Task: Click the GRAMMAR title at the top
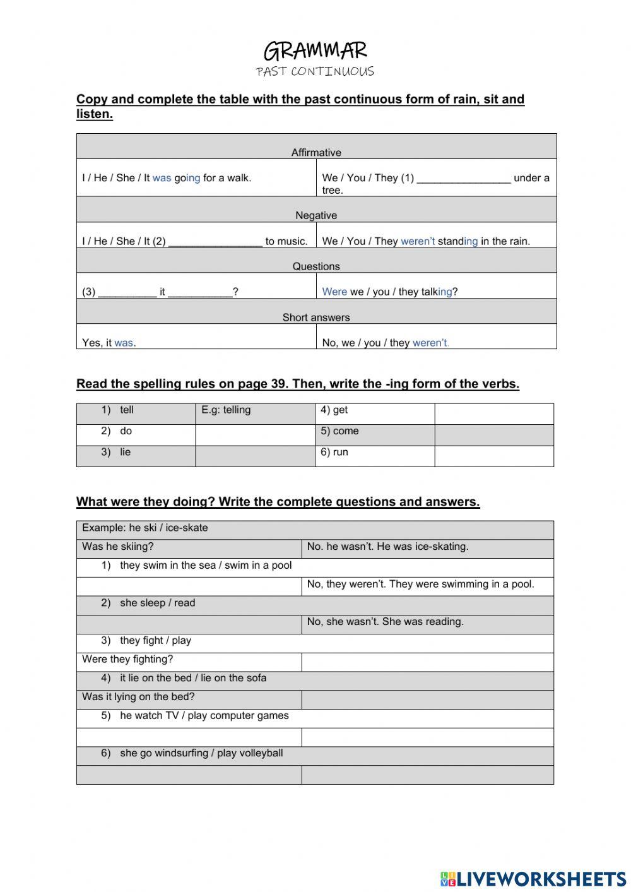(315, 51)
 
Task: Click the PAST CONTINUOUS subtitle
(315, 71)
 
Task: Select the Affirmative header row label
(316, 152)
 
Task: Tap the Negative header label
(316, 215)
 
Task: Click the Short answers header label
(316, 317)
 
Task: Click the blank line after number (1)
(463, 179)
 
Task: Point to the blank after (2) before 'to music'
(215, 242)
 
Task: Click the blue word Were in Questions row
(334, 292)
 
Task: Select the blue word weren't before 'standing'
(417, 241)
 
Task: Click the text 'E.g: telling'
(226, 410)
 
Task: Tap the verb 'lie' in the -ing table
(125, 452)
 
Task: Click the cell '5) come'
(340, 431)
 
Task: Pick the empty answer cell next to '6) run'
(493, 456)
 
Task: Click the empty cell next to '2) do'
(255, 435)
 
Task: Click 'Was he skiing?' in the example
(118, 547)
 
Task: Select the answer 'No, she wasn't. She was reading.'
(385, 622)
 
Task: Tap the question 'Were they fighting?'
(127, 659)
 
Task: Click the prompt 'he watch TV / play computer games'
(204, 716)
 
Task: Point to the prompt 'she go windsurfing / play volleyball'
(201, 753)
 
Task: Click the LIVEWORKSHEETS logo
(533, 878)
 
